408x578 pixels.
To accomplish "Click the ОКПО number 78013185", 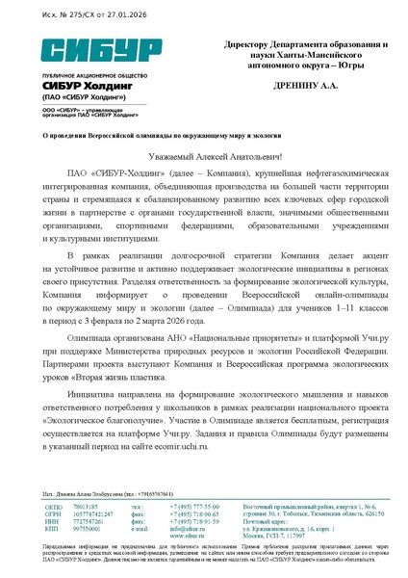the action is point(87,506).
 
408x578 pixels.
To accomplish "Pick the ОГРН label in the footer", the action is point(54,513).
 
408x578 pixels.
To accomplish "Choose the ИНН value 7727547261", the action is point(89,521).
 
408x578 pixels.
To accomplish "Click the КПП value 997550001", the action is point(88,529).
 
